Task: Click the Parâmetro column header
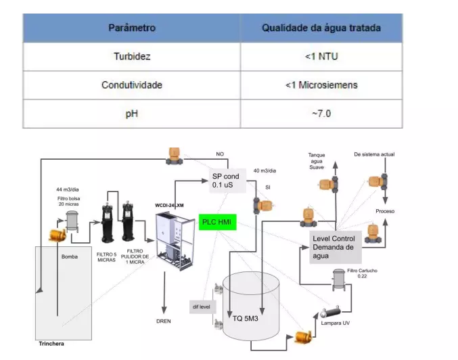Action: click(x=132, y=28)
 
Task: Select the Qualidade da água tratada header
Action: click(x=321, y=28)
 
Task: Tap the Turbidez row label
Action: click(x=132, y=58)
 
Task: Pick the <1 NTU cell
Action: click(x=321, y=58)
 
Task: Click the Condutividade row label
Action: click(x=132, y=86)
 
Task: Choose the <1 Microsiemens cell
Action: click(x=321, y=86)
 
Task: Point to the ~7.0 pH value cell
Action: click(x=321, y=114)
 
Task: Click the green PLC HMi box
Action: click(x=217, y=221)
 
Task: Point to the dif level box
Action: click(x=200, y=307)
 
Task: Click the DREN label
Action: click(x=163, y=321)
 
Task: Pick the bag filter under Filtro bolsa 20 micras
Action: click(x=72, y=221)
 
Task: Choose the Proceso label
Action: click(x=385, y=212)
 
